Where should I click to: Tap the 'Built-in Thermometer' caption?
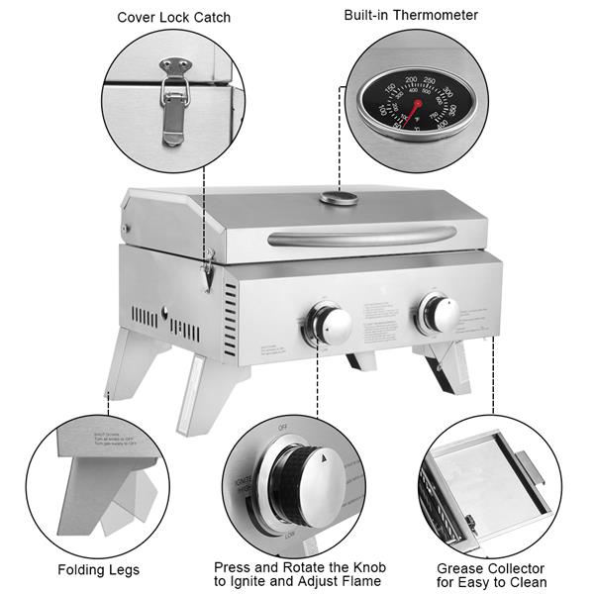pyautogui.click(x=411, y=15)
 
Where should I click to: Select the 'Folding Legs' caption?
pyautogui.click(x=98, y=569)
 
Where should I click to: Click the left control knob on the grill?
pyautogui.click(x=330, y=323)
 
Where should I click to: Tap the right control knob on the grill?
pyautogui.click(x=439, y=313)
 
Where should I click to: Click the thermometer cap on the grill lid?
pyautogui.click(x=339, y=198)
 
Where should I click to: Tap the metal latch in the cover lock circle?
pyautogui.click(x=174, y=99)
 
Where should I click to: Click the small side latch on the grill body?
pyautogui.click(x=207, y=269)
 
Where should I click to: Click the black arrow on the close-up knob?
pyautogui.click(x=326, y=457)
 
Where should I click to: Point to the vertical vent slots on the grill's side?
pyautogui.click(x=230, y=322)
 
